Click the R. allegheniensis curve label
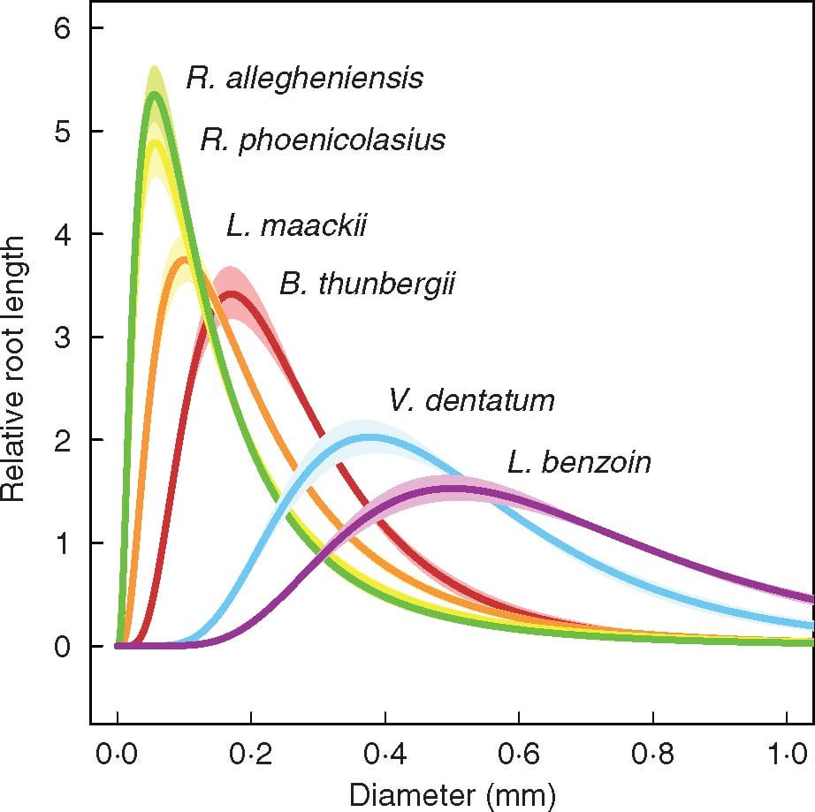(x=304, y=79)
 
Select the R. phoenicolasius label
(x=322, y=140)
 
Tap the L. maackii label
(x=295, y=227)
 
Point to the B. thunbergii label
(x=368, y=285)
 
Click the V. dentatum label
(x=471, y=401)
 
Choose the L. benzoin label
(x=579, y=462)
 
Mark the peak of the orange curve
(x=184, y=259)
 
